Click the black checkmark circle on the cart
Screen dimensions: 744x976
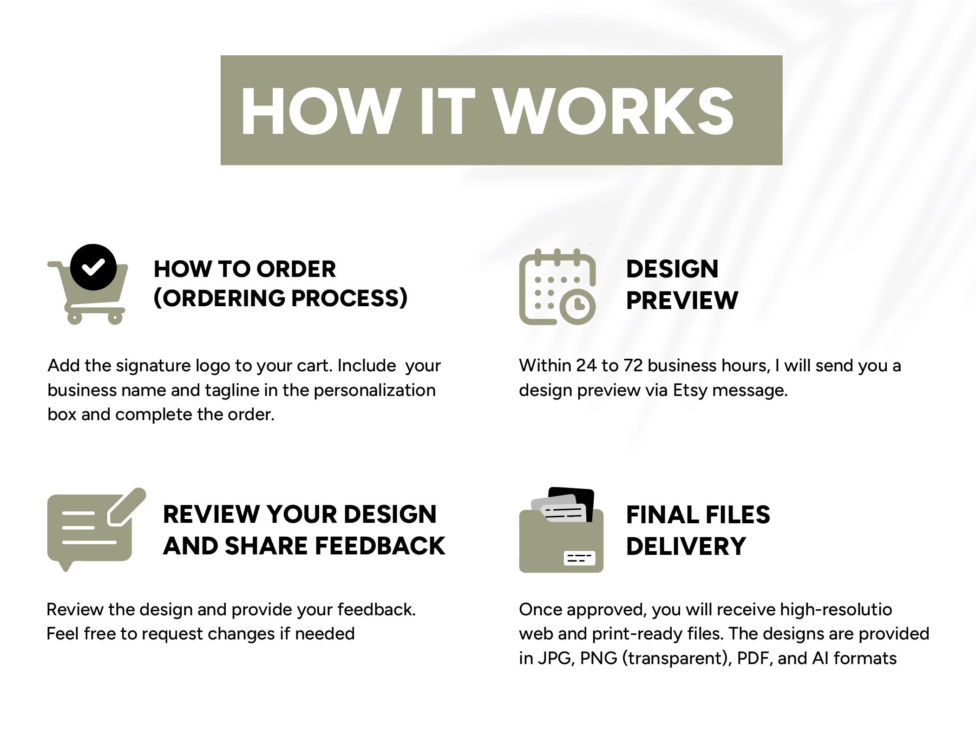(x=93, y=267)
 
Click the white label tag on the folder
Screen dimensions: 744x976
(x=579, y=558)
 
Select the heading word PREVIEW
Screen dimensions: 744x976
(x=682, y=300)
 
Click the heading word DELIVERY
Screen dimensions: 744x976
(x=686, y=546)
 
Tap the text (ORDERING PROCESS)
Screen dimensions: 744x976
(x=281, y=298)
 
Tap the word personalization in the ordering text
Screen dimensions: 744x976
(x=374, y=390)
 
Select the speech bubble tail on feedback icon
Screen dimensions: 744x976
(x=66, y=566)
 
